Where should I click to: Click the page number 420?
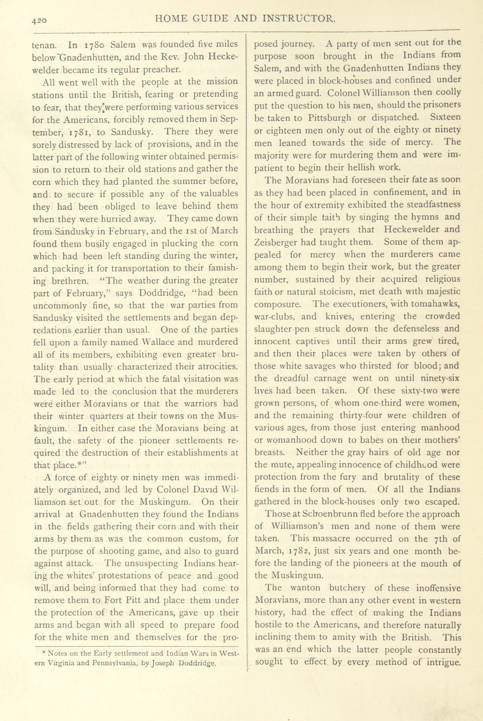pos(39,20)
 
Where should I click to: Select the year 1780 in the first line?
pos(95,45)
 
